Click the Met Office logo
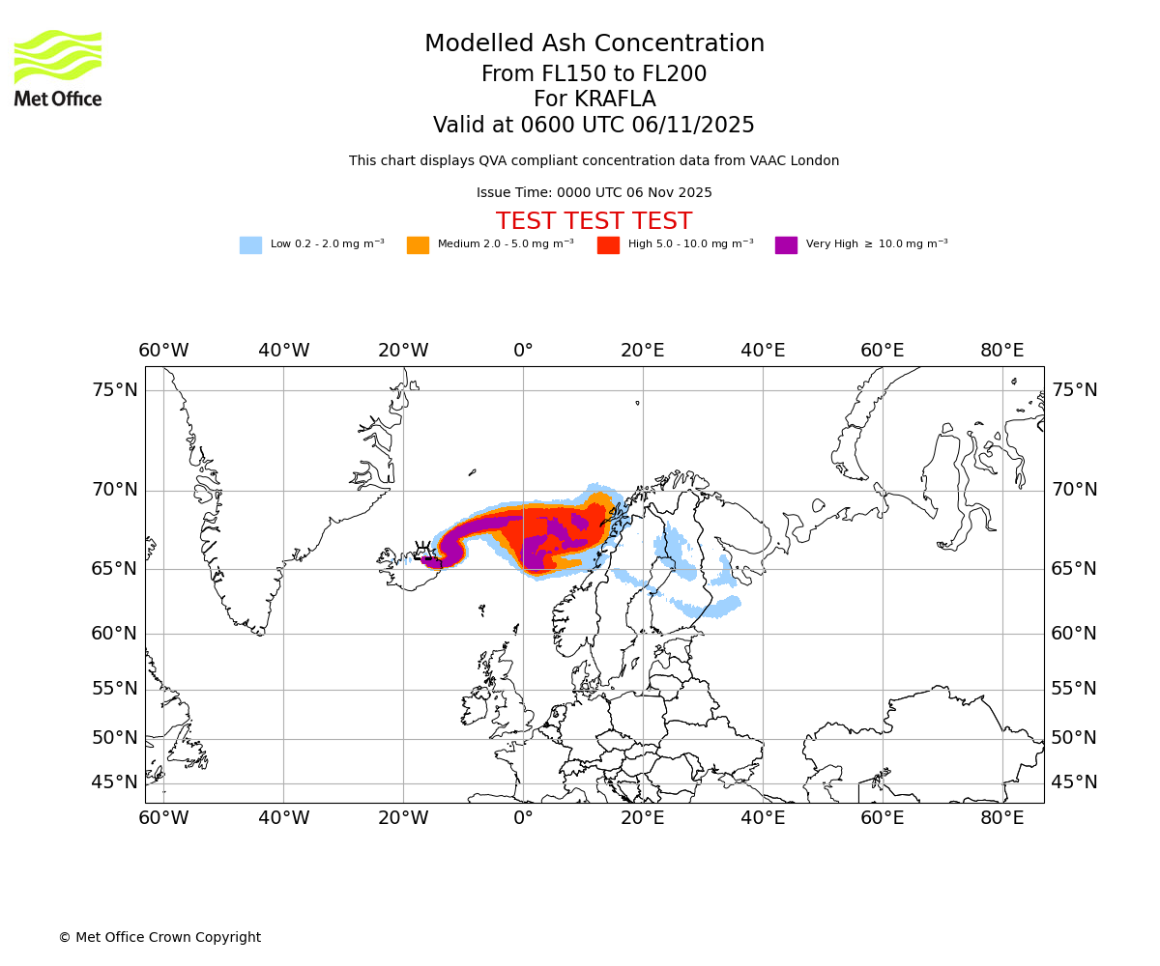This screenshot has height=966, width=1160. point(58,68)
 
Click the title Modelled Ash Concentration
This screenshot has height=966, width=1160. point(594,43)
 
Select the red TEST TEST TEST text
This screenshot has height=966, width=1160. point(594,221)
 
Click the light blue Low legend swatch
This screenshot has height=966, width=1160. point(250,244)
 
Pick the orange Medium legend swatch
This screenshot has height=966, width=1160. point(418,244)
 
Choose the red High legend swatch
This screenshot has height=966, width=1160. point(608,244)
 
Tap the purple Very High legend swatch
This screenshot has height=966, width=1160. point(786,244)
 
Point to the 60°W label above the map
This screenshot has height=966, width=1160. point(163,350)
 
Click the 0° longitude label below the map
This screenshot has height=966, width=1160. point(523,818)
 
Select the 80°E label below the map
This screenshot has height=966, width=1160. point(1002,818)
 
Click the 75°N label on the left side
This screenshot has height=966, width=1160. point(114,390)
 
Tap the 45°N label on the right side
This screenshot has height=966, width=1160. point(1074,782)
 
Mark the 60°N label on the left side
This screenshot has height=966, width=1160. point(114,634)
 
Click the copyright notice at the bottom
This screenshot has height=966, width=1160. point(159,937)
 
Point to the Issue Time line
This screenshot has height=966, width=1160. point(594,192)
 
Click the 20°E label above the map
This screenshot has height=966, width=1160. point(643,350)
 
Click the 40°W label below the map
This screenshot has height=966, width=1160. point(283,818)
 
